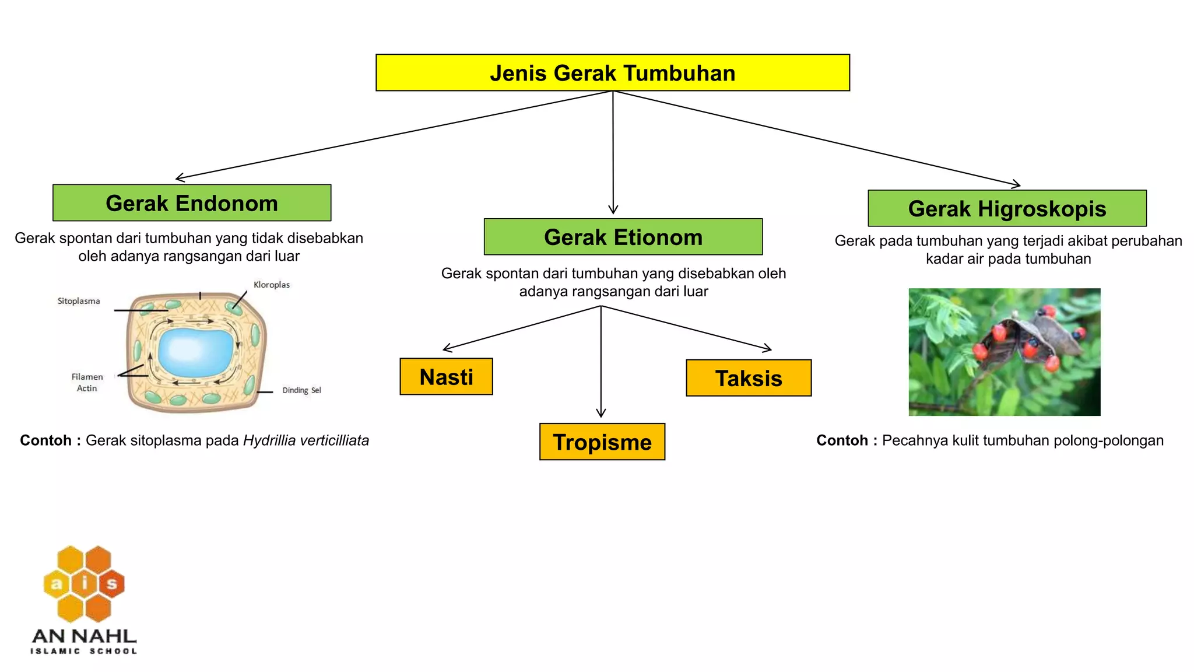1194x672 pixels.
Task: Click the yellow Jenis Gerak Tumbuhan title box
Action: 612,73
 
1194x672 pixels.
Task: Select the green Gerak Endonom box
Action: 192,203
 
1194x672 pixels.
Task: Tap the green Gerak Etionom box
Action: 623,237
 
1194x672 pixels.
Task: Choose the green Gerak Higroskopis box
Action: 1007,208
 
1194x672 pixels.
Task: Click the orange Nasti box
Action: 446,377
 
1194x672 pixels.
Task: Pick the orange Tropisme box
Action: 602,442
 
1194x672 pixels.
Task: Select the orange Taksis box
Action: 749,378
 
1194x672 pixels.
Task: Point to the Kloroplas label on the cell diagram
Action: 272,285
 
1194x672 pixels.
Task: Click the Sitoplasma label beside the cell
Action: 79,301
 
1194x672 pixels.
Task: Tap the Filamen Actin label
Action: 87,383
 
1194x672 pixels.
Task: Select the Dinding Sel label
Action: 301,390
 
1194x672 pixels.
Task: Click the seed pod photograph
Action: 1004,352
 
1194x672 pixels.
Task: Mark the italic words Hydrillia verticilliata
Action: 306,440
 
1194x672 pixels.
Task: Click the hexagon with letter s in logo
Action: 111,584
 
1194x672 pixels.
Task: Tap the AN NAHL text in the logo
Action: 85,636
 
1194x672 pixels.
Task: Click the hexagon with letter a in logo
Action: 57,584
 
